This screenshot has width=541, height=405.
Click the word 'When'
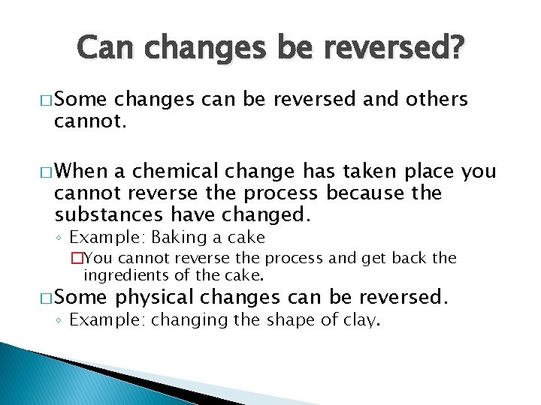(80, 172)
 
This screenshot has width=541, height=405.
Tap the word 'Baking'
(175, 238)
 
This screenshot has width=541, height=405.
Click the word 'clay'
(362, 320)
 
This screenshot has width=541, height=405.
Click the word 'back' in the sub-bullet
(409, 259)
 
